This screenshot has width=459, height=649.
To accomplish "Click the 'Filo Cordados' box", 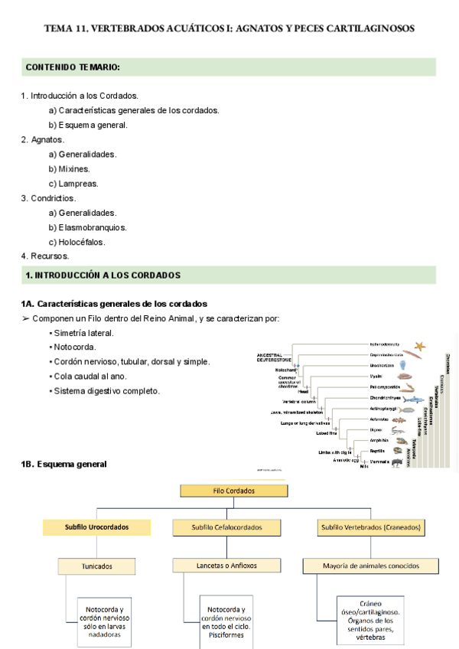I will tap(233, 491).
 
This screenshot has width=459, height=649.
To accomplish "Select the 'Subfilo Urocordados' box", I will tap(96, 527).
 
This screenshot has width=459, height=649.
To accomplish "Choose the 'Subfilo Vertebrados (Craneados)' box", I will tap(371, 527).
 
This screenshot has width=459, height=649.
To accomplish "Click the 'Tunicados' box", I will tap(96, 566).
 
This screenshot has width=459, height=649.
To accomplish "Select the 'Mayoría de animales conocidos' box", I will tap(371, 566).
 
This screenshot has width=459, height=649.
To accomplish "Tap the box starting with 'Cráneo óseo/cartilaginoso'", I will tap(371, 619).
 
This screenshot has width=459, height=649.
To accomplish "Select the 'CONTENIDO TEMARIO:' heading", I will tap(73, 67).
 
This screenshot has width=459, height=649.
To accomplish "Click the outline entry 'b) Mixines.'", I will tap(69, 169).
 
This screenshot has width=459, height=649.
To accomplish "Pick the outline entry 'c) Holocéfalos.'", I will tap(77, 242).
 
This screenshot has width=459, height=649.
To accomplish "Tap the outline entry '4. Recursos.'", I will tap(45, 256).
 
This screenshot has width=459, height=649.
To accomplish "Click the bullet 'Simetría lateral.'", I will tap(83, 333).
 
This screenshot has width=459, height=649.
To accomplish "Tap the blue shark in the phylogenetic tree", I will tap(413, 400).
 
